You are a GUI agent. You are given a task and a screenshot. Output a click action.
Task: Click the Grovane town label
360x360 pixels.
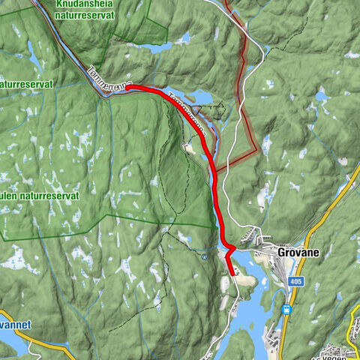pyautogui.click(x=298, y=253)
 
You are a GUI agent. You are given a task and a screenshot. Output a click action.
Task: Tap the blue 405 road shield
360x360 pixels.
pyautogui.click(x=295, y=280)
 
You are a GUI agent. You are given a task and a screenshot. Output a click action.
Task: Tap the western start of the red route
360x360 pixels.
pyautogui.click(x=126, y=88)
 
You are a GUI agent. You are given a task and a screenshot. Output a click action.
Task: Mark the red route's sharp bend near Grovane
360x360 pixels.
pyautogui.click(x=234, y=247)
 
